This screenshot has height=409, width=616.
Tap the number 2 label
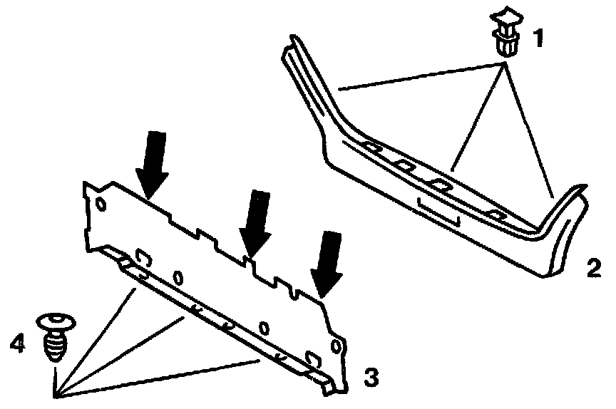coord(593,269)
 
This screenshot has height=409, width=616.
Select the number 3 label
coord(371,375)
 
